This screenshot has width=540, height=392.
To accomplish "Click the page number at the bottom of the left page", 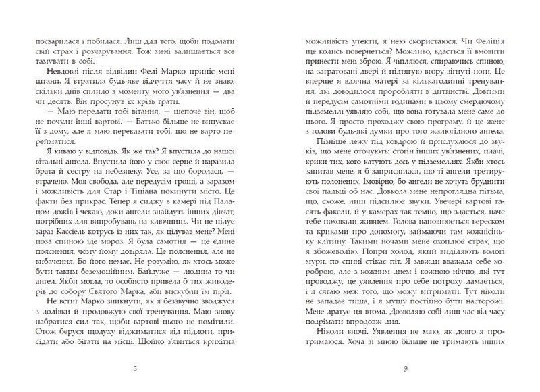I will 136,369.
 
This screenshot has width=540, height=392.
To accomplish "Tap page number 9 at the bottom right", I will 403,369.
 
